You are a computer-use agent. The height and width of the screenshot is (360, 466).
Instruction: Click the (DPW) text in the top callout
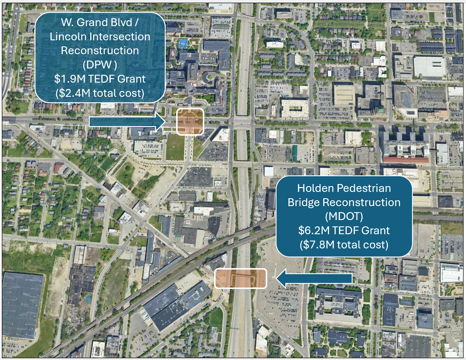coord(100,65)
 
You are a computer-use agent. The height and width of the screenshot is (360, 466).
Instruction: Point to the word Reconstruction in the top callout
coord(100,51)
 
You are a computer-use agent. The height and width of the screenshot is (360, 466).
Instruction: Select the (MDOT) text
coord(344,216)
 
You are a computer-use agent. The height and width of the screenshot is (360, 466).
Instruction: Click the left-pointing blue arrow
coord(314,278)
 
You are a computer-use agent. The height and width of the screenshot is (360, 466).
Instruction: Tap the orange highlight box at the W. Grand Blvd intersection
coord(190,121)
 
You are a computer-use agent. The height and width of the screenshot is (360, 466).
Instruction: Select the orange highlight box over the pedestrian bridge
coord(240,279)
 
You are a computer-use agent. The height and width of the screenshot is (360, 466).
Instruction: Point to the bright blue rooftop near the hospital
coord(183,44)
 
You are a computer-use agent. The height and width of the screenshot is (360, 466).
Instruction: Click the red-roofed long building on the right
coord(406,160)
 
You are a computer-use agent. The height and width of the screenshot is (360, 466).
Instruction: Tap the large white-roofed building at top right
coord(429,67)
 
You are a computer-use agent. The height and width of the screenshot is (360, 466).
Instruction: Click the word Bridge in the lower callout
coord(304,202)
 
